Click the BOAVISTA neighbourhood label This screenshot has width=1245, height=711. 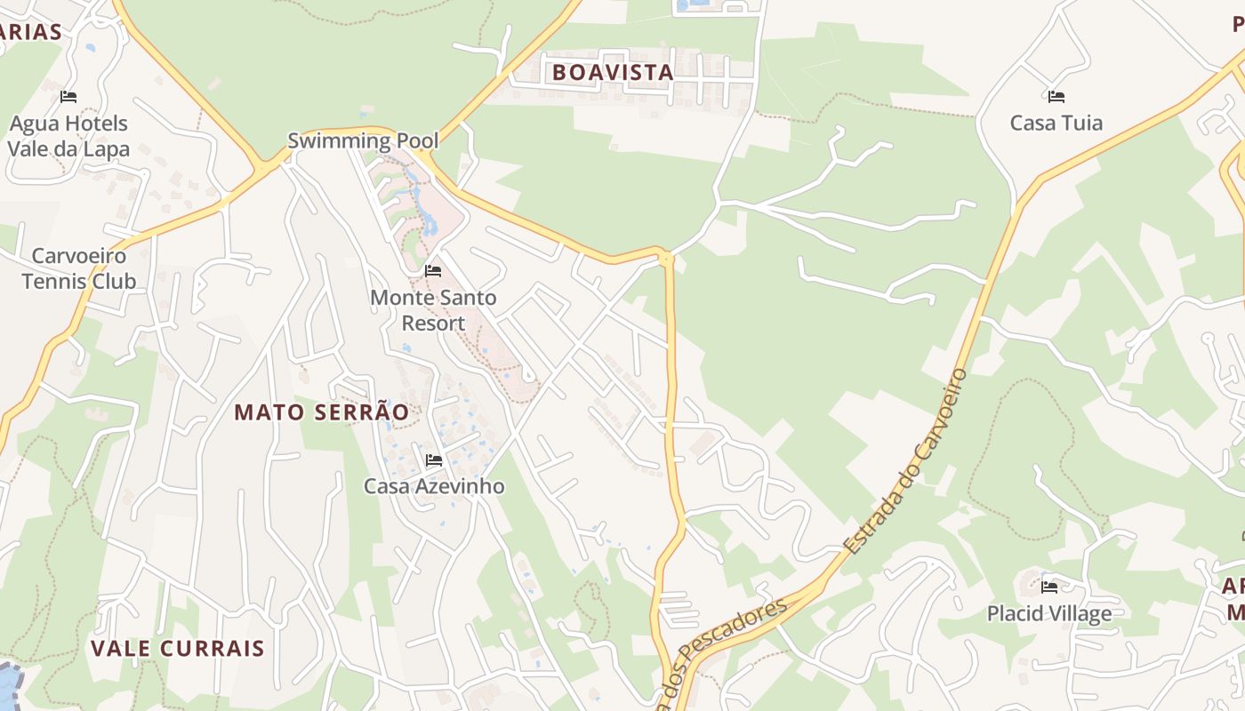(613, 72)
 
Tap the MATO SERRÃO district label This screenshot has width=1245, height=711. (321, 412)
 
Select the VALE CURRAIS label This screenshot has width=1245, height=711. (178, 648)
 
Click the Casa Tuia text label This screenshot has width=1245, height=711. (1056, 123)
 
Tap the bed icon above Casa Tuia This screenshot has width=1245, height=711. (1056, 96)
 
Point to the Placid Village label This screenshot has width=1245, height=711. (1049, 613)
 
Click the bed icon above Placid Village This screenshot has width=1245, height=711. (1049, 587)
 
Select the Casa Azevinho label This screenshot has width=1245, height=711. (434, 486)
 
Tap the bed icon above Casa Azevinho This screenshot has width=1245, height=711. (434, 459)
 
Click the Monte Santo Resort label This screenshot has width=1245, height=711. (433, 309)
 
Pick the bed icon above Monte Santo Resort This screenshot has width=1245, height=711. (433, 270)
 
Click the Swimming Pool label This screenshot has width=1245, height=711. (363, 140)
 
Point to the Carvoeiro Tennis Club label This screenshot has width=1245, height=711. (79, 268)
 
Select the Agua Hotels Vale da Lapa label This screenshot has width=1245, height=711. (68, 136)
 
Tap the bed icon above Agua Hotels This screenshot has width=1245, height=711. (68, 96)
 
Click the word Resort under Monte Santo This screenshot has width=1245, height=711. (433, 323)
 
